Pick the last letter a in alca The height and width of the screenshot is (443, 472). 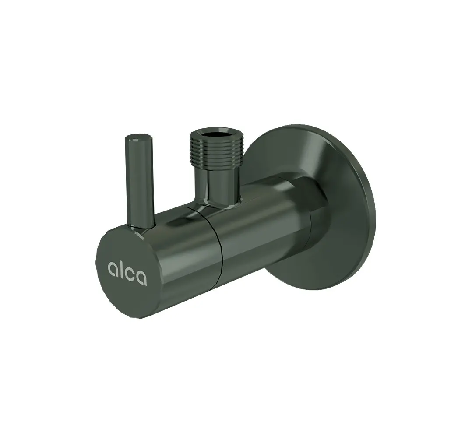pos(141,278)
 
